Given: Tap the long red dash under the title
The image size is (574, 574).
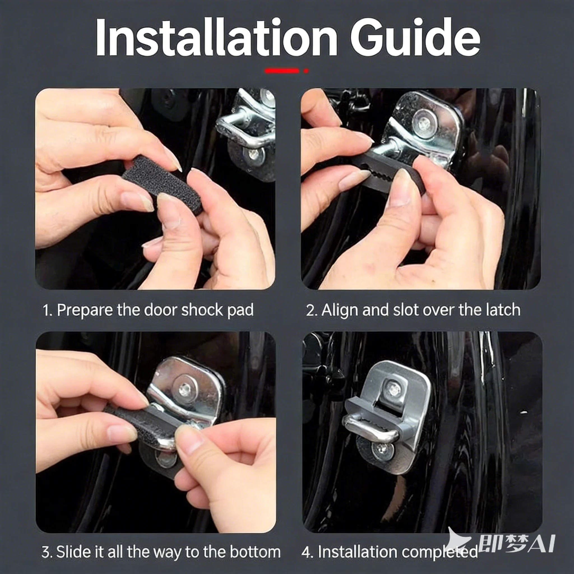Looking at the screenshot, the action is (x=282, y=71).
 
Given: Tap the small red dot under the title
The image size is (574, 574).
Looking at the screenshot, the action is (x=306, y=71).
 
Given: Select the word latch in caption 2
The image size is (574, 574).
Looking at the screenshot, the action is (x=503, y=310).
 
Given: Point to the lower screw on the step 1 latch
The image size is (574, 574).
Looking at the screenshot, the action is (x=253, y=154).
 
